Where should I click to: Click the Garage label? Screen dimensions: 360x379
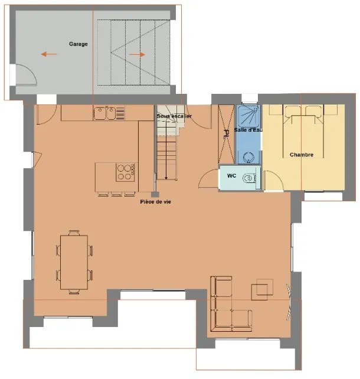coord(78,44)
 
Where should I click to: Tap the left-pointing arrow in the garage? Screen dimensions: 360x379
coord(49,54)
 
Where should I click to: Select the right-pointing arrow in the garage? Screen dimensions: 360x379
coord(137,54)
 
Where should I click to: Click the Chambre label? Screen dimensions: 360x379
coord(302,155)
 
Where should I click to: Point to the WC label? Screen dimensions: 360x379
coord(231,176)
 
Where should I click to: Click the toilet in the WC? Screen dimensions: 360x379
coord(249,178)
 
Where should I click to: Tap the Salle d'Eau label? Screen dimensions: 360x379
coord(248,130)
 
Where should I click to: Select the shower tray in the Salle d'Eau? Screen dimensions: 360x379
coord(248,116)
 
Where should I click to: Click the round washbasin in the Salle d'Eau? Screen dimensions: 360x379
coord(248,158)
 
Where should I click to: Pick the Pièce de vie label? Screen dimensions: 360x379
coord(156,201)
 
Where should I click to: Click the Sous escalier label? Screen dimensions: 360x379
coord(174,116)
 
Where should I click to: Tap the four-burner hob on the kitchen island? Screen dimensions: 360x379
coord(125,172)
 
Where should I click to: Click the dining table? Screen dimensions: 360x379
coord(74,262)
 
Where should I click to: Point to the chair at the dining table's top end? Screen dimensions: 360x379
coord(74,233)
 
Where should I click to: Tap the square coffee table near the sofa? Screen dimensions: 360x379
coord(260,292)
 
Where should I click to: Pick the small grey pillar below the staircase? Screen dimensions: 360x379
coord(155,194)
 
